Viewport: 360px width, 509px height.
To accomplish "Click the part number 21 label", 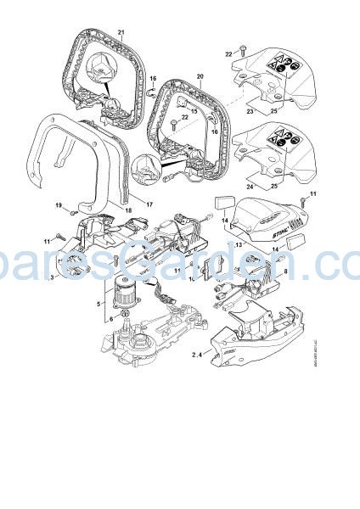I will tap(121, 33).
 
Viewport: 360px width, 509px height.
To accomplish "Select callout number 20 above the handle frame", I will tap(201, 77).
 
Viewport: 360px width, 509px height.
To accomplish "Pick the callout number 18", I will tap(128, 209).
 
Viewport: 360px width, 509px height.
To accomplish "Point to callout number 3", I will tap(52, 277).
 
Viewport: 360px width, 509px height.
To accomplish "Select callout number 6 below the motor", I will tap(109, 319).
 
